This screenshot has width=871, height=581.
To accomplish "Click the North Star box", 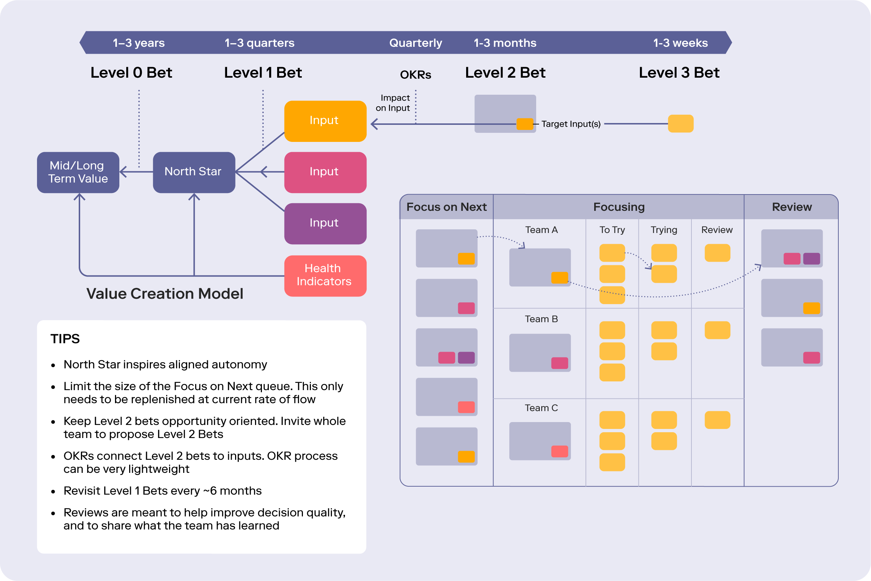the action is [x=194, y=172].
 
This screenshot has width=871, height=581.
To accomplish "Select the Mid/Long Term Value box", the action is [x=78, y=172].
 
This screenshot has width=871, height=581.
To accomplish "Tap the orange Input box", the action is [x=325, y=121].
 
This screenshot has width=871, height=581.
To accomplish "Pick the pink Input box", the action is [x=325, y=172].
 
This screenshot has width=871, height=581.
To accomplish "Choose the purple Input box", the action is [x=325, y=224].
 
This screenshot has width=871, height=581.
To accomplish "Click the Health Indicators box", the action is [x=325, y=276].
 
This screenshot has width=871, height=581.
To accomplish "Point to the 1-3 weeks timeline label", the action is [x=680, y=43].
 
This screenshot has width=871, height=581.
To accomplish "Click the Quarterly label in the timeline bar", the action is [x=415, y=43].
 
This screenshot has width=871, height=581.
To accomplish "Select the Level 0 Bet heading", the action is [x=131, y=73].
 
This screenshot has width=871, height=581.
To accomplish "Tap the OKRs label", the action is [x=415, y=75].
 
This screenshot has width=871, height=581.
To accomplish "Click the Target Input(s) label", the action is [x=571, y=124].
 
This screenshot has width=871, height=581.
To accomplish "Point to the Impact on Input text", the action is [x=393, y=103].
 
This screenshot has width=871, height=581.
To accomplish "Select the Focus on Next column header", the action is [x=446, y=207].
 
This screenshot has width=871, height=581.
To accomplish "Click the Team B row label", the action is [x=541, y=319].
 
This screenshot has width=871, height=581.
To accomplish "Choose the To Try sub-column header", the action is [x=612, y=230].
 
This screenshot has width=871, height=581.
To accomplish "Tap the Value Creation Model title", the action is [x=165, y=294].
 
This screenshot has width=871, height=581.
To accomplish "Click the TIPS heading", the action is [x=65, y=339].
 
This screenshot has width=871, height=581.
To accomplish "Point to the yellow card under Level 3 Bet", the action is [x=681, y=123].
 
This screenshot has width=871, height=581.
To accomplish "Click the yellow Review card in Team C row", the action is [x=717, y=420].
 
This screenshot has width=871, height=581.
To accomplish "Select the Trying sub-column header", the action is [x=664, y=230].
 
